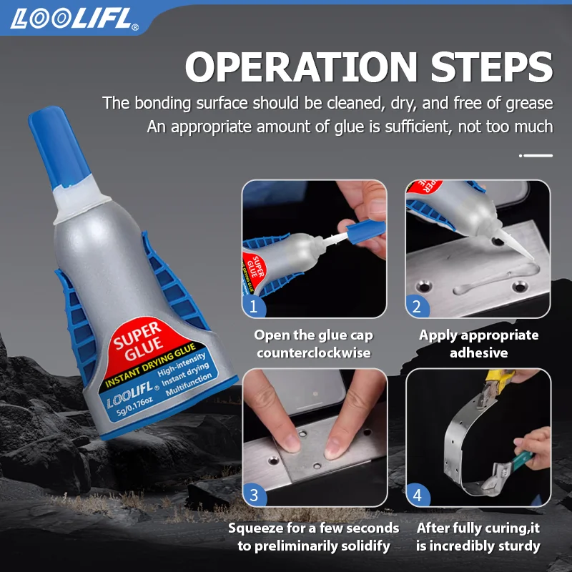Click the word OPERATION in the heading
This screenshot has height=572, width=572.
tap(301, 66)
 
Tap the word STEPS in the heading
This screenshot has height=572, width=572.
tap(492, 66)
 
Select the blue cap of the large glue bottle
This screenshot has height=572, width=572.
tap(59, 147)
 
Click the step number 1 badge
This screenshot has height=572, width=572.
tap(254, 306)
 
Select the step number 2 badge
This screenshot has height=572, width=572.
tap(417, 306)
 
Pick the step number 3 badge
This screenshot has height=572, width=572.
tap(254, 495)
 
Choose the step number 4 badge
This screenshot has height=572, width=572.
tap(418, 495)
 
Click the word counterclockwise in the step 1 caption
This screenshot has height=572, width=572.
tap(314, 352)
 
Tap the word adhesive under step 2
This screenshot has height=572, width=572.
tap(478, 352)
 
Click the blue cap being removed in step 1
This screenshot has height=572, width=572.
tap(365, 231)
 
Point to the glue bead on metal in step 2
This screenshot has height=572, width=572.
tap(496, 278)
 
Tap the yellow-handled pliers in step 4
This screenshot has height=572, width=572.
tap(497, 387)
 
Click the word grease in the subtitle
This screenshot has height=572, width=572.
tap(529, 104)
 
